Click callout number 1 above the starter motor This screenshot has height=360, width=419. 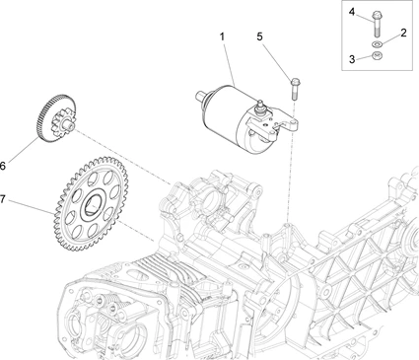tap(222, 36)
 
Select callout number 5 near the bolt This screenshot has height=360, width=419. tap(259, 36)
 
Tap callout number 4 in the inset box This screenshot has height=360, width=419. tap(352, 12)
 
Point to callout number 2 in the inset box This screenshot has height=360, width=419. tap(403, 33)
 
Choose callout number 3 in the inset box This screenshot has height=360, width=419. tap(352, 59)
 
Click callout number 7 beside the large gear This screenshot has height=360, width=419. tap(3, 199)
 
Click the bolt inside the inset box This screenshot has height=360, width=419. tap(377, 24)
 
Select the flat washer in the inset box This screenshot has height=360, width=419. tap(377, 44)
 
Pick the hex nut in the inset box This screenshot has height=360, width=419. tap(377, 55)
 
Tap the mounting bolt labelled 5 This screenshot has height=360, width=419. tap(295, 89)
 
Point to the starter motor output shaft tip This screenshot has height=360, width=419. tap(198, 95)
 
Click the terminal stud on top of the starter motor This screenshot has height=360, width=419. tap(260, 107)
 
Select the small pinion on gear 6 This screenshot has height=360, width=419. tap(62, 122)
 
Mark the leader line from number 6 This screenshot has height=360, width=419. tap(24, 150)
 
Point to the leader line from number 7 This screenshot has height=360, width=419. tap(31, 206)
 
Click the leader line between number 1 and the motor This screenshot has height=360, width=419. tap(230, 64)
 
